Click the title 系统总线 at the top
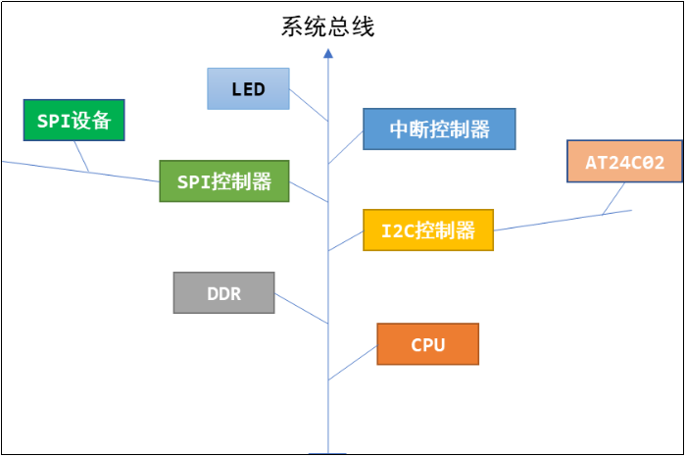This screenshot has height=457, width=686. point(327,26)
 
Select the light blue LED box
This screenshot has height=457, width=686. point(248,89)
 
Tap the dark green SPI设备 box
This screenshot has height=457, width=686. point(74,121)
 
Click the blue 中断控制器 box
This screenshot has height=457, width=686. point(439,129)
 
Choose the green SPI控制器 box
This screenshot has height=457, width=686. point(224,181)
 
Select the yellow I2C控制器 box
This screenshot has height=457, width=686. point(428,230)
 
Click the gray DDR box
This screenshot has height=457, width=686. point(223,293)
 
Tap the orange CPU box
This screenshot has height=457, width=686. point(427,344)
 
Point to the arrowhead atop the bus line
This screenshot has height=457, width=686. point(328,57)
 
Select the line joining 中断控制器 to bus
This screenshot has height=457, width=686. point(345,148)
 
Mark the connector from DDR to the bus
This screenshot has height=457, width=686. point(301,309)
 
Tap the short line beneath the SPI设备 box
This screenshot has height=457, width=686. point(82,157)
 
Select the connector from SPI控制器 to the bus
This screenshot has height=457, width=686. point(309,192)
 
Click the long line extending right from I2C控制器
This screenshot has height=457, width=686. point(559,221)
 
